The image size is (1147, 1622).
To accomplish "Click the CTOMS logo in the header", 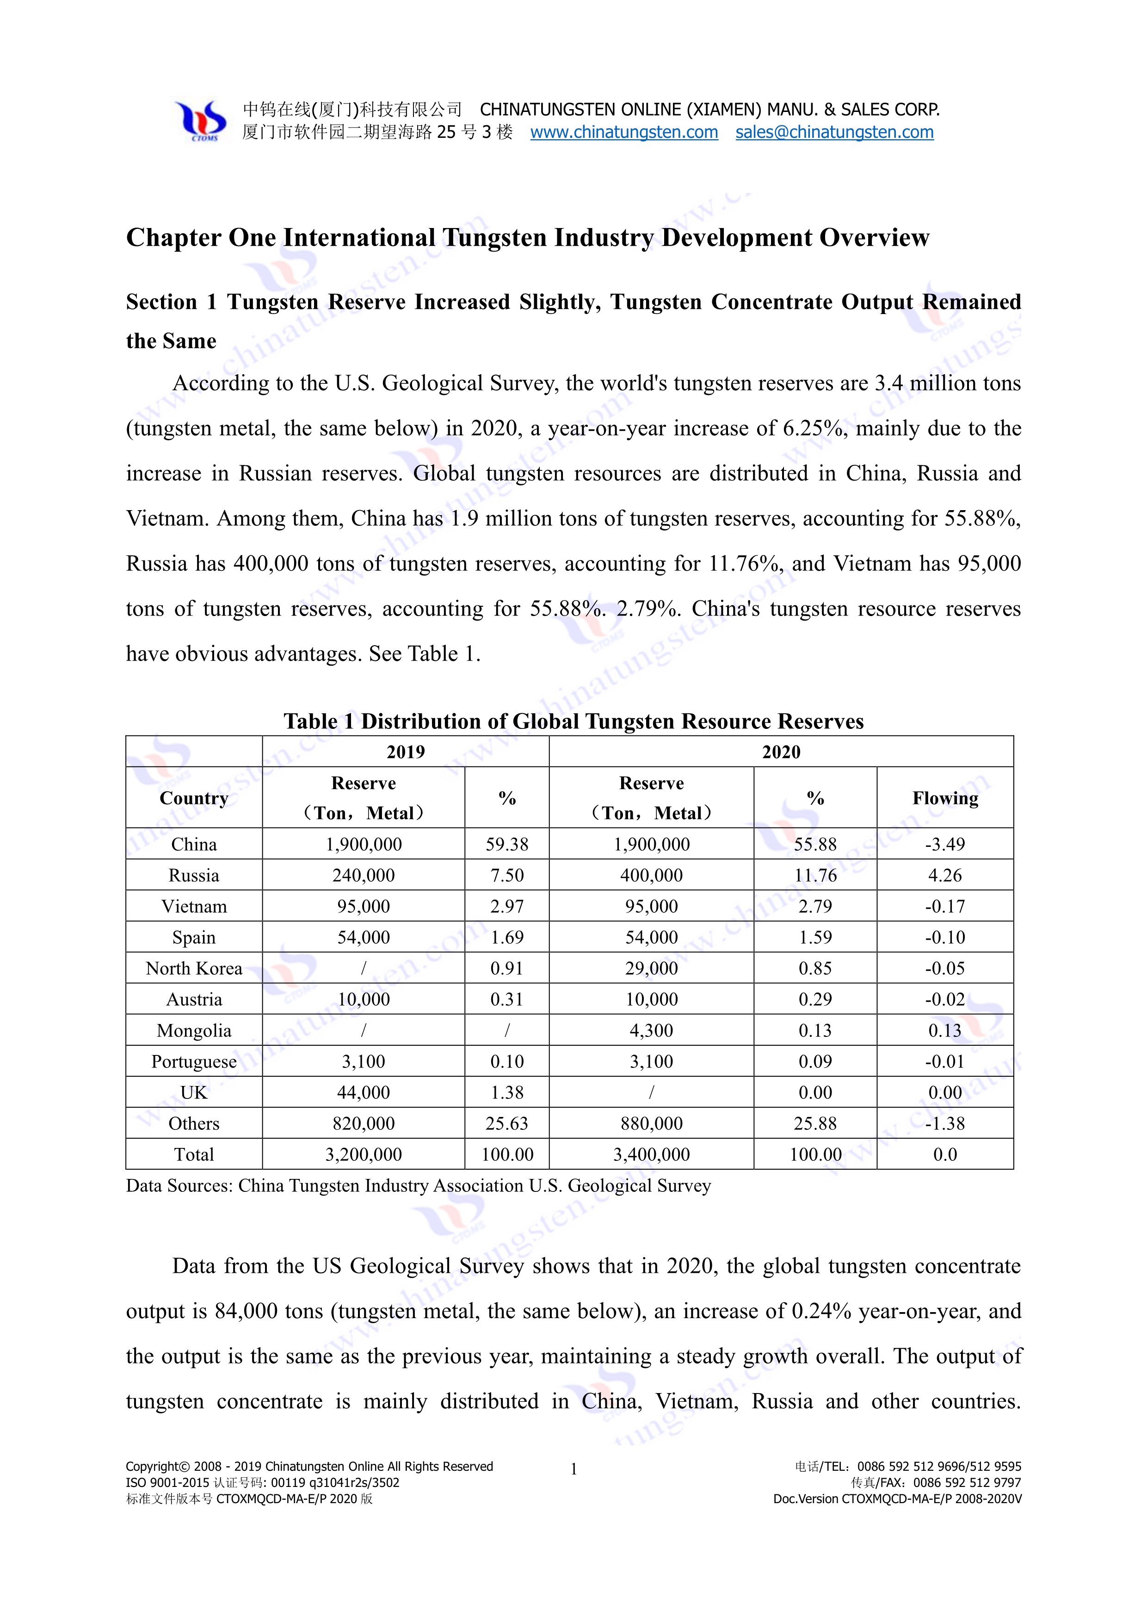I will pos(201,121).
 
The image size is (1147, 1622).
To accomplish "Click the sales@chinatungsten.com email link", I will pos(834,132).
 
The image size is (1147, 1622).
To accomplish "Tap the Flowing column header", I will pos(945,798).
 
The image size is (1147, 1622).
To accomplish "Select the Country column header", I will pos(194,798).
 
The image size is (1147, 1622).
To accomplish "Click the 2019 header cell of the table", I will pos(406,752).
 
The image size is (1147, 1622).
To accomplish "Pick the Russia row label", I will pos(194,875).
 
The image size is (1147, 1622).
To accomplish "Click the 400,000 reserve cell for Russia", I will pos(651,875).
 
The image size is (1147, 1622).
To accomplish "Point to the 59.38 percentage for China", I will pos(506,844).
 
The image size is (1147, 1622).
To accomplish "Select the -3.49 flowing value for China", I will pos(945,844).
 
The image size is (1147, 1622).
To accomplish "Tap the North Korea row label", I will pos(194,968).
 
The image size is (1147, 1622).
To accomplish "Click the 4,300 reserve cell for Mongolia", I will pos(651,1031).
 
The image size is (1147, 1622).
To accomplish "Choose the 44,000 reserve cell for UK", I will pos(363,1093).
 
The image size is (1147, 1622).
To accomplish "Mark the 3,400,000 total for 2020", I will pos(651,1154).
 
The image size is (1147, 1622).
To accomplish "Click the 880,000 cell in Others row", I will pos(651,1123).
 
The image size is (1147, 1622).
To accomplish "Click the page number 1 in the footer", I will pos(573,1469).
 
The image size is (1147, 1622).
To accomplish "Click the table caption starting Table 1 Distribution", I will pos(573,722).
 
